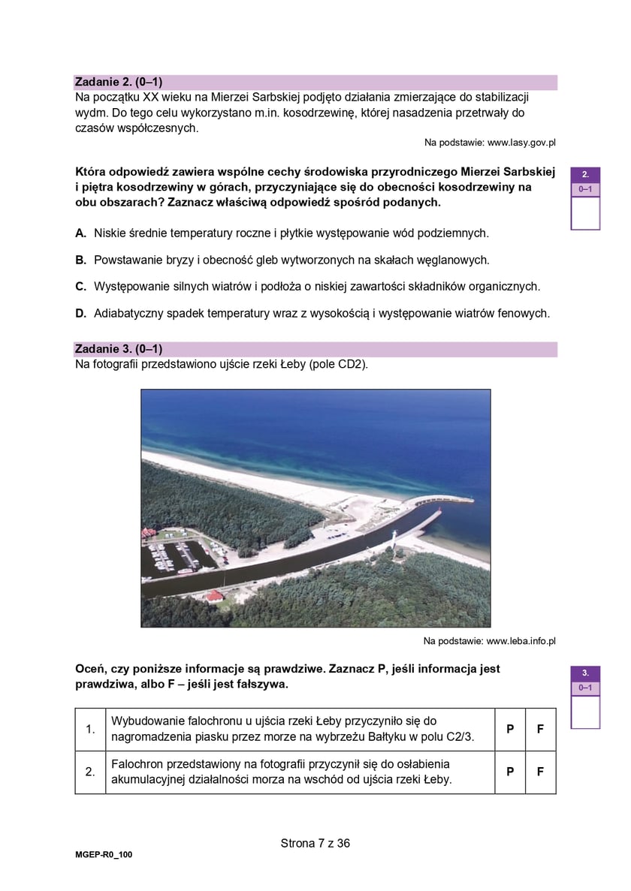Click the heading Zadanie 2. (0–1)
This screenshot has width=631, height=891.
[119, 82]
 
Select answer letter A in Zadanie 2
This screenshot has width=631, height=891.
[80, 233]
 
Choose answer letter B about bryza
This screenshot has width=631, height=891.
[80, 260]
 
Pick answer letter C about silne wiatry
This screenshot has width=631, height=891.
[80, 286]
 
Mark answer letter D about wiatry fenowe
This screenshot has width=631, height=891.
[80, 313]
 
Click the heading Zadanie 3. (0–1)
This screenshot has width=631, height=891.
[119, 349]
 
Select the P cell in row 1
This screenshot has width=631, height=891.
[510, 729]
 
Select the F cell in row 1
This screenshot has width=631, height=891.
[540, 729]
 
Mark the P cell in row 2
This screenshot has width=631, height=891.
[510, 772]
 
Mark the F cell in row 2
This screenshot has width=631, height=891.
[540, 772]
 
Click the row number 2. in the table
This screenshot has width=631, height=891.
[90, 772]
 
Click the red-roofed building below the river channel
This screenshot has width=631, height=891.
[214, 597]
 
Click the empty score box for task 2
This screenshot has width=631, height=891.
[585, 213]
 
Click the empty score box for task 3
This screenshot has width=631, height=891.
[585, 712]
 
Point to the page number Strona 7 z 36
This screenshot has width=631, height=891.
[315, 843]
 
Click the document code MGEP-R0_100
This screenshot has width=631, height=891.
[104, 854]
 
